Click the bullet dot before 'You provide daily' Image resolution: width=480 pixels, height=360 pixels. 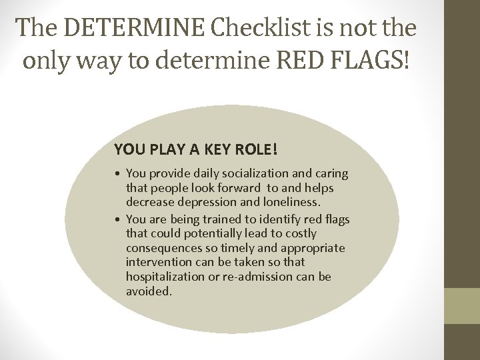click(118, 174)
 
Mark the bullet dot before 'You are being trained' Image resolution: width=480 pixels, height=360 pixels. click(118, 219)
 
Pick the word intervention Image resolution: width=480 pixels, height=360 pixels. click(157, 262)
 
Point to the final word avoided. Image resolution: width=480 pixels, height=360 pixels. click(149, 291)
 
